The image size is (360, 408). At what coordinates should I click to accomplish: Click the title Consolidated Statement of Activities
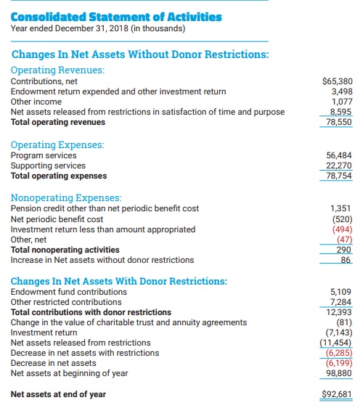click(x=116, y=17)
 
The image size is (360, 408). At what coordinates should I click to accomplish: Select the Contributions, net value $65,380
click(x=337, y=81)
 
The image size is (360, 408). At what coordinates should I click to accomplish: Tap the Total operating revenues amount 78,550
click(x=339, y=122)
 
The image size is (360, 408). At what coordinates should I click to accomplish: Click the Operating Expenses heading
click(x=57, y=144)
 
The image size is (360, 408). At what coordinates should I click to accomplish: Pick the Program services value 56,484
click(x=339, y=155)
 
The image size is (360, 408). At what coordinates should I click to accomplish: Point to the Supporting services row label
click(x=48, y=166)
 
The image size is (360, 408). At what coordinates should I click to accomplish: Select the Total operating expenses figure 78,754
click(x=339, y=176)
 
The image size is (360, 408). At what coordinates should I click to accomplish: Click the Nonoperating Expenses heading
click(x=66, y=197)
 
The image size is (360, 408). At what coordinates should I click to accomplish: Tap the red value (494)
click(x=343, y=229)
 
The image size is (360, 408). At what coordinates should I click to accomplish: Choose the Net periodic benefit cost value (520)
click(x=343, y=219)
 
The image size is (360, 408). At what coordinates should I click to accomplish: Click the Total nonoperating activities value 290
click(x=343, y=250)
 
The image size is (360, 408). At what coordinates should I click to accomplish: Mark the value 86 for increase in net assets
click(x=345, y=260)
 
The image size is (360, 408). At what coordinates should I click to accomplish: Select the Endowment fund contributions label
click(x=69, y=292)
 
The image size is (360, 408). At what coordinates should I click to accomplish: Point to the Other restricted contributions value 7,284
click(x=340, y=302)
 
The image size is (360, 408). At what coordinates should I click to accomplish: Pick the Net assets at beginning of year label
click(x=69, y=373)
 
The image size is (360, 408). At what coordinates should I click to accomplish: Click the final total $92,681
click(x=337, y=394)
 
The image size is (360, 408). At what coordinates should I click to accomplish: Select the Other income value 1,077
click(x=342, y=102)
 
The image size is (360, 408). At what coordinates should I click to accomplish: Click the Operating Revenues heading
click(x=58, y=70)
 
